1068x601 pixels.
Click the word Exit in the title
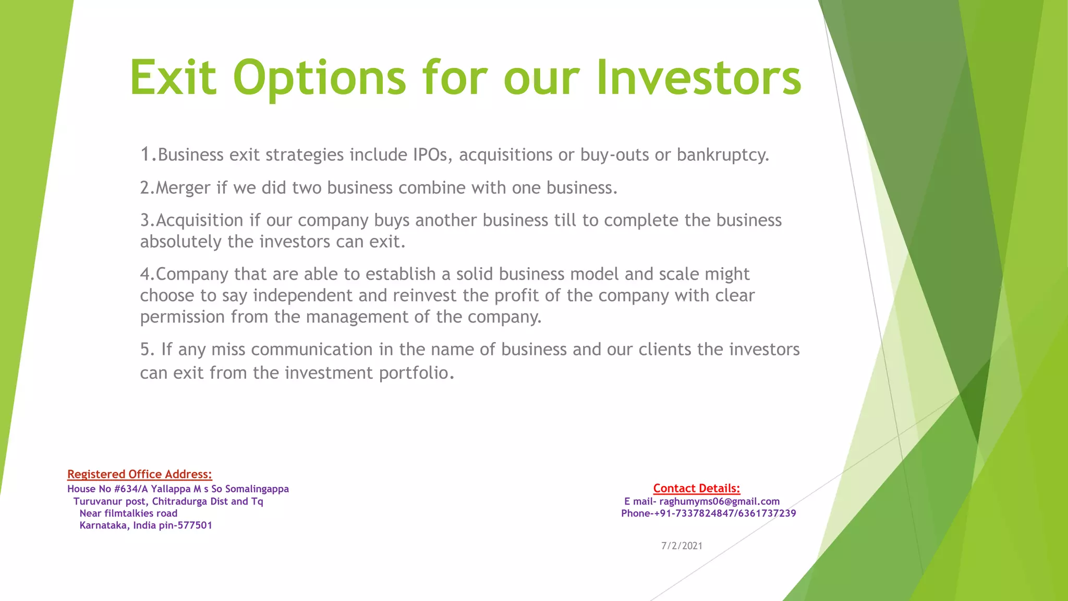pos(173,78)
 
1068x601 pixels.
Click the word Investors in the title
pos(699,78)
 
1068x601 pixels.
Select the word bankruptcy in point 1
pos(723,155)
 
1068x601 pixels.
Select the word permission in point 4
pos(182,317)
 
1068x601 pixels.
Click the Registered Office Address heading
pos(140,474)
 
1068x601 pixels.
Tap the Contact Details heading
pos(697,488)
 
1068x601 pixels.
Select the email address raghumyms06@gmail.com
pos(720,501)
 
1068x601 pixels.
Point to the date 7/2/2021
pos(682,546)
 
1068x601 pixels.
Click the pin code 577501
pos(195,525)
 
